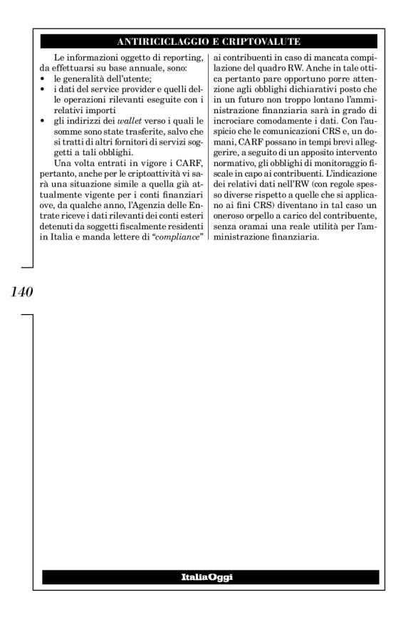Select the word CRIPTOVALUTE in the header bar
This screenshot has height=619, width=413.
point(264,41)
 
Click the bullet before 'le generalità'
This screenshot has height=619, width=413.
point(45,78)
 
